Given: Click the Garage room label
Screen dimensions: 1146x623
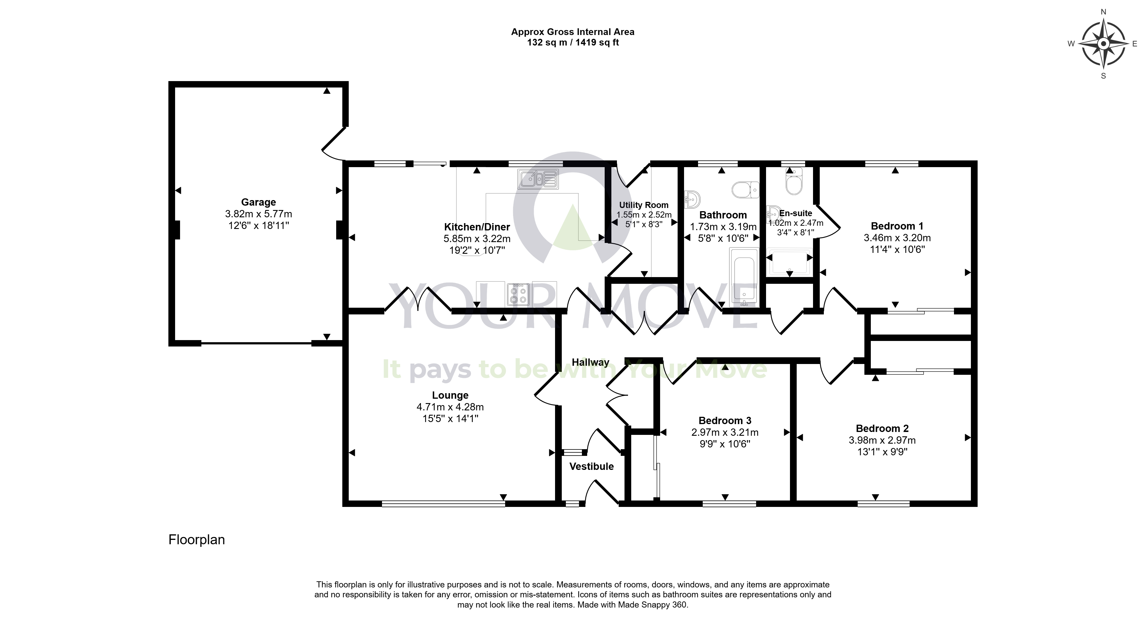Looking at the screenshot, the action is (x=259, y=202).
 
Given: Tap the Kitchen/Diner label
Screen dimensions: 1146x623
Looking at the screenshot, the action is (x=477, y=227).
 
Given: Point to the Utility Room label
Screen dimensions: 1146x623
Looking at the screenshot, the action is (x=644, y=205).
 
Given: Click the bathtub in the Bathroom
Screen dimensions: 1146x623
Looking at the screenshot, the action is (x=744, y=277).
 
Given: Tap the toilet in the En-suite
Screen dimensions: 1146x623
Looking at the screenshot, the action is (x=794, y=181).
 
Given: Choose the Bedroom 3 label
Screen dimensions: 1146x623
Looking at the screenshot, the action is (x=725, y=420).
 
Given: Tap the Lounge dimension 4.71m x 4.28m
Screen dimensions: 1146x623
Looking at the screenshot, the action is (x=450, y=407).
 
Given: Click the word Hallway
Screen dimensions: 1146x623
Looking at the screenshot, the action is (x=590, y=363).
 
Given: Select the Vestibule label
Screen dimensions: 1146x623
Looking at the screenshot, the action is (x=592, y=466).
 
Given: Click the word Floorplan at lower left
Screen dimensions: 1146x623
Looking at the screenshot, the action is (x=197, y=540).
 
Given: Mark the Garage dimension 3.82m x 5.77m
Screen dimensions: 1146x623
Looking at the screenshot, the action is (x=259, y=214).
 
